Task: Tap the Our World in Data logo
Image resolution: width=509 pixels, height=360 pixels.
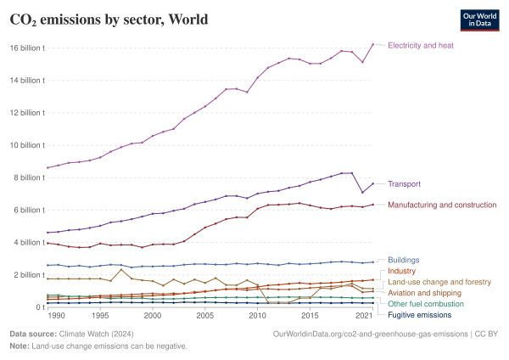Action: tap(478, 20)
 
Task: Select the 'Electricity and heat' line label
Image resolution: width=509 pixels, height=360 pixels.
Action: tap(420, 44)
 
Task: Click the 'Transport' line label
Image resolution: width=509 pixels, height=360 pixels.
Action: tap(404, 183)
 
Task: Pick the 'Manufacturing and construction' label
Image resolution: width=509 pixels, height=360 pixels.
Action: tap(441, 205)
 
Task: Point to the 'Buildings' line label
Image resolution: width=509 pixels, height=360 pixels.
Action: tap(403, 260)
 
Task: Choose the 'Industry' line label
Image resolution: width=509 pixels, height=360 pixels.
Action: tap(401, 271)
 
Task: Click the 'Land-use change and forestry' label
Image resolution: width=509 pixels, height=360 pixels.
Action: tap(438, 281)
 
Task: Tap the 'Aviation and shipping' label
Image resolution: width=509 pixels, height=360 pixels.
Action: tap(424, 292)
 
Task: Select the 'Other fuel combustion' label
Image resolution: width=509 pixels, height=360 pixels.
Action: tap(427, 303)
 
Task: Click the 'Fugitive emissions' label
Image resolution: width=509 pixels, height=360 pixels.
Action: tap(421, 314)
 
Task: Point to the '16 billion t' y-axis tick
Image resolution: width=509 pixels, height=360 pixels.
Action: tap(27, 48)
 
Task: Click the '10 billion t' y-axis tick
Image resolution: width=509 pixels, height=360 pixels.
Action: tap(27, 145)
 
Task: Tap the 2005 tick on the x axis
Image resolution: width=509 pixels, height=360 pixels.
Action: tap(204, 315)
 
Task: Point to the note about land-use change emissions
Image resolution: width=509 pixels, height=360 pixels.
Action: tap(98, 346)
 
